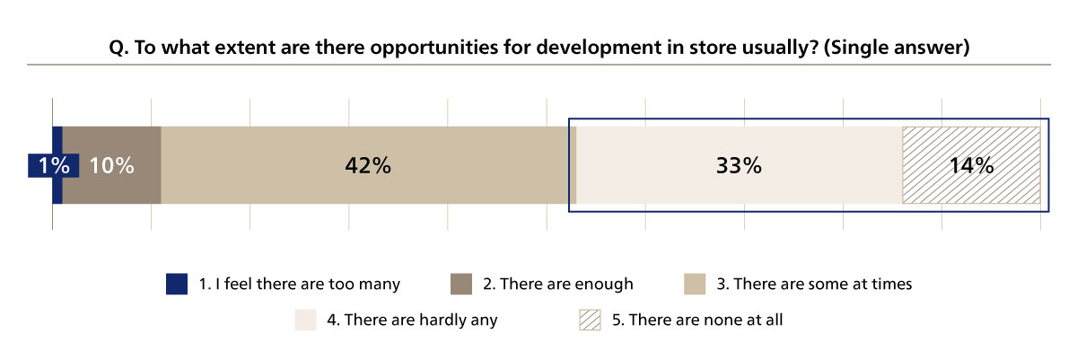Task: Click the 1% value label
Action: tap(43, 166)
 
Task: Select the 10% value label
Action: tap(112, 166)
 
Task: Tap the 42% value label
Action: tap(368, 166)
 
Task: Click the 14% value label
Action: tap(971, 166)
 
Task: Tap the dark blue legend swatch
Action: tap(177, 284)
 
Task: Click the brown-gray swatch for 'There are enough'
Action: tap(460, 284)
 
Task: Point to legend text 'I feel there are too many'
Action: tap(300, 284)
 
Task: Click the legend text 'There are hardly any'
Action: tap(421, 320)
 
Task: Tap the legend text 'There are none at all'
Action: tap(706, 320)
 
